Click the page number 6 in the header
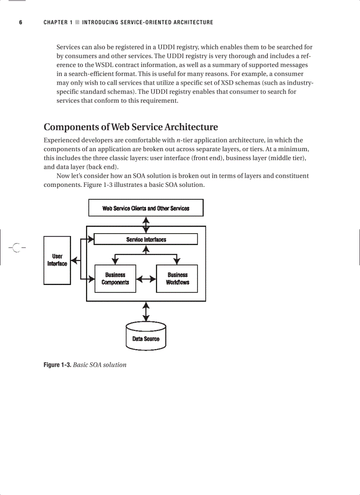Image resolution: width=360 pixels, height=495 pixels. click(20, 22)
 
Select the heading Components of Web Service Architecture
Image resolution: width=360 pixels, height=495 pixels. click(131, 127)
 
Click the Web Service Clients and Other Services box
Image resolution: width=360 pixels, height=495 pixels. click(146, 208)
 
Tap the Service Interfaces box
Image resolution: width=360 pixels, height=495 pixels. click(146, 239)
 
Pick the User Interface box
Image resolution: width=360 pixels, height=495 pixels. click(57, 260)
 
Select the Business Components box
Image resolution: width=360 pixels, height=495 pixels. click(115, 279)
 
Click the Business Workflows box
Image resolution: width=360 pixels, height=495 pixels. click(177, 279)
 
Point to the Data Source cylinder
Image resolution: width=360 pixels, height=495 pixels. click(146, 337)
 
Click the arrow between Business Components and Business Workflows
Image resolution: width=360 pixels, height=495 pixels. click(146, 279)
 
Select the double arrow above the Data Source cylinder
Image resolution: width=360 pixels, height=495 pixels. click(146, 312)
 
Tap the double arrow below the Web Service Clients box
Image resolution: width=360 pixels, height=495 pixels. click(146, 224)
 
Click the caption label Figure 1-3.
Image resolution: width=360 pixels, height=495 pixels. click(57, 365)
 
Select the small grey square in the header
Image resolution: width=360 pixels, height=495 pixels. click(77, 22)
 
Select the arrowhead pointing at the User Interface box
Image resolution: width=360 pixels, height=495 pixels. click(74, 261)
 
